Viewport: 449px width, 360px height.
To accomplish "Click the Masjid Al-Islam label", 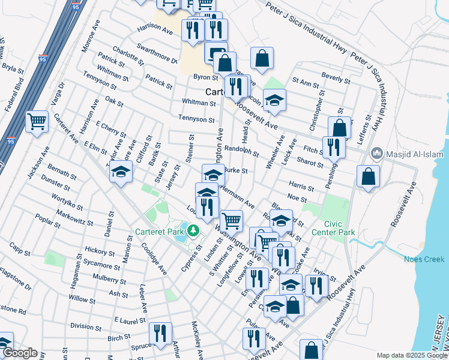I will (414, 154).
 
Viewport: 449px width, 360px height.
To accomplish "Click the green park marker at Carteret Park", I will (193, 230).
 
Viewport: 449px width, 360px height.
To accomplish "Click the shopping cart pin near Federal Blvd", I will (37, 122).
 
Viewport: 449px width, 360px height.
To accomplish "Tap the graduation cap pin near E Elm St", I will (121, 172).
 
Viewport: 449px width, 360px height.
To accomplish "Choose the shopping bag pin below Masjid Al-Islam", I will (368, 176).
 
